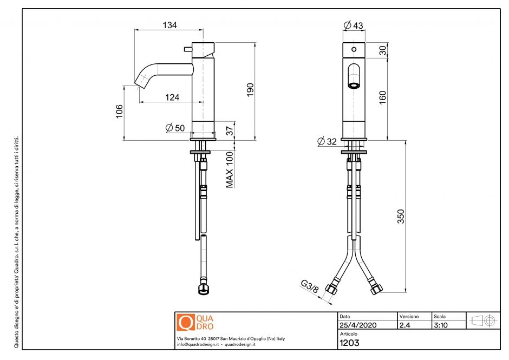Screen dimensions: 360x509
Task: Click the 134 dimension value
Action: tap(169, 25)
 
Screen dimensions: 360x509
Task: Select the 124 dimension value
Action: tap(172, 97)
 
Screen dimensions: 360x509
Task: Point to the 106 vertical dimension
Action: tap(120, 110)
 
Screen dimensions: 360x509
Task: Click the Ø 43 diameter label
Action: tap(354, 25)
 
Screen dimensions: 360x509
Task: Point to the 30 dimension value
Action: tap(383, 50)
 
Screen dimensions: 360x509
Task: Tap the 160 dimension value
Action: tap(383, 97)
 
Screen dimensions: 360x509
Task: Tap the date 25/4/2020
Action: tap(357, 325)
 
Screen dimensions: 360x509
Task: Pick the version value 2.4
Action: tap(405, 325)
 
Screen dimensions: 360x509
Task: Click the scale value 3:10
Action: tap(441, 325)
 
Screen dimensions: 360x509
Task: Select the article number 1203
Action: tap(349, 342)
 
